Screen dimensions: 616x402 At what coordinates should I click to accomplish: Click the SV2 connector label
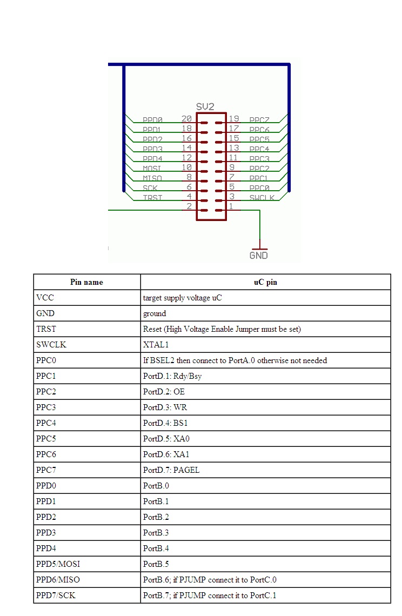[x=205, y=107]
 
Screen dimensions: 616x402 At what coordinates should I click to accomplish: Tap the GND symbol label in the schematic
[x=258, y=255]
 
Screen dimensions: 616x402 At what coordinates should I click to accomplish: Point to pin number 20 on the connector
[x=186, y=119]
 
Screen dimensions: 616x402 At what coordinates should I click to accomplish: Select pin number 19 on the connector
[x=234, y=119]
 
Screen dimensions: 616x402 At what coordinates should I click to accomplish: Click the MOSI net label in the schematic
[x=152, y=169]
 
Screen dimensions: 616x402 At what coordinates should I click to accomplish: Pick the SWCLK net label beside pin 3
[x=262, y=198]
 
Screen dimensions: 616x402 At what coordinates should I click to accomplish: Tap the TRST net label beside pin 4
[x=152, y=198]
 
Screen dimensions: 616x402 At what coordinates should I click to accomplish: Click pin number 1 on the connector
[x=231, y=206]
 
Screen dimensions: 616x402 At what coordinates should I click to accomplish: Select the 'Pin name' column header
[x=86, y=282]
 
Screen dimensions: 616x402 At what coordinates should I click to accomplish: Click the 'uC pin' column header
[x=265, y=282]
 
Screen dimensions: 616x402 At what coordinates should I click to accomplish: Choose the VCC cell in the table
[x=45, y=298]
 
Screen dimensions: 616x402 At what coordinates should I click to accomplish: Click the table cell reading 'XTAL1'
[x=155, y=345]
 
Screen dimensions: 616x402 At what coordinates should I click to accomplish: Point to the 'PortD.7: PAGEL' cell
[x=171, y=470]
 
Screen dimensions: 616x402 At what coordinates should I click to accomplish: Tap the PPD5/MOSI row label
[x=58, y=564]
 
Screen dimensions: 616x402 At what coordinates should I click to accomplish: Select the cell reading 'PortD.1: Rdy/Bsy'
[x=172, y=376]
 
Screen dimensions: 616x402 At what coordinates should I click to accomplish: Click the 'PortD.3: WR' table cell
[x=165, y=407]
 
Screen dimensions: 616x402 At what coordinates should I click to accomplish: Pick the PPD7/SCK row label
[x=56, y=595]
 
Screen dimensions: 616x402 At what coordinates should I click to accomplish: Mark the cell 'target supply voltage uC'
[x=183, y=298]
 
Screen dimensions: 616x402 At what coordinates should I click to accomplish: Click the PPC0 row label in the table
[x=46, y=360]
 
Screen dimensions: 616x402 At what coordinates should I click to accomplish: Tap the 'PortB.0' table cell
[x=156, y=486]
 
